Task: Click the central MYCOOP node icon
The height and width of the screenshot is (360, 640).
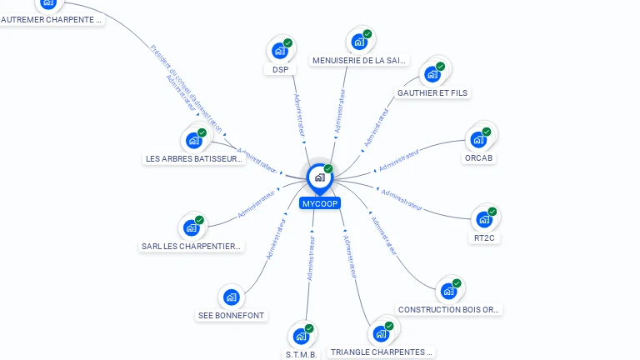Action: pyautogui.click(x=319, y=177)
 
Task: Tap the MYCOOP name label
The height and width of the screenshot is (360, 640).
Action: pyautogui.click(x=320, y=203)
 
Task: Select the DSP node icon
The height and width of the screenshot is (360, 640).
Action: pyautogui.click(x=280, y=51)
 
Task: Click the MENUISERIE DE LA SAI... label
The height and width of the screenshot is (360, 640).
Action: pyautogui.click(x=359, y=60)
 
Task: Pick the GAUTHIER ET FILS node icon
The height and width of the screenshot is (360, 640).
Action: pyautogui.click(x=432, y=74)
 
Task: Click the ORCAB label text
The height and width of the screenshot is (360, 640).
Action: pyautogui.click(x=479, y=157)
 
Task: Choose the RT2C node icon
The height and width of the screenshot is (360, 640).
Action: pyautogui.click(x=483, y=220)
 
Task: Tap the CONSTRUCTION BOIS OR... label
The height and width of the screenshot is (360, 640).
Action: pyautogui.click(x=449, y=309)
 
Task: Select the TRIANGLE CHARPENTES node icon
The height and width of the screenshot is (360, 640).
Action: pyautogui.click(x=381, y=334)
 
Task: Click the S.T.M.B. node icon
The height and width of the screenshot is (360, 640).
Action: pyautogui.click(x=301, y=337)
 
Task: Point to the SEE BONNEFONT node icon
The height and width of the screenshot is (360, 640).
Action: pyautogui.click(x=231, y=297)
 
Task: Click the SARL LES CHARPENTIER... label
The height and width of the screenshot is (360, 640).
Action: pyautogui.click(x=192, y=246)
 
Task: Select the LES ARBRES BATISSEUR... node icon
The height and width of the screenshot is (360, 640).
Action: pyautogui.click(x=194, y=140)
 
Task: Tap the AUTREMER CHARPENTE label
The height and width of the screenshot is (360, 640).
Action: pyautogui.click(x=52, y=18)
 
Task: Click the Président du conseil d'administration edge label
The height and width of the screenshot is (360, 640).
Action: pyautogui.click(x=187, y=88)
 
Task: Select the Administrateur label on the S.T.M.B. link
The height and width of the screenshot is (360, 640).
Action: pyautogui.click(x=310, y=257)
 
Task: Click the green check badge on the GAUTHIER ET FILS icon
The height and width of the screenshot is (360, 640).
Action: pyautogui.click(x=440, y=67)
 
